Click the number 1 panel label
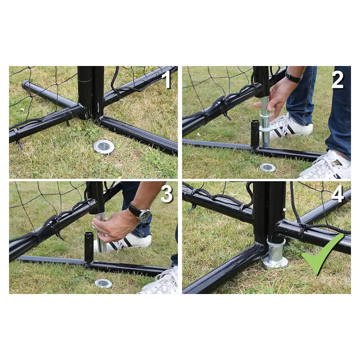point(168,80)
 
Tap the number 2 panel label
point(337,80)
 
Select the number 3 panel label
point(167,194)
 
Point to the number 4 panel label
point(337,194)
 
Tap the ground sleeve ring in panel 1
point(104,147)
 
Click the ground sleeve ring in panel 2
point(267,167)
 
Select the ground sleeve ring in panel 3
point(103,284)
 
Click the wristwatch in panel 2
point(293,77)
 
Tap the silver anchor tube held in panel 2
point(265,122)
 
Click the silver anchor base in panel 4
point(275,255)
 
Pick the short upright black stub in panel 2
point(255,134)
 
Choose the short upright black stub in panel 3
point(89,248)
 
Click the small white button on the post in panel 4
point(285,210)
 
